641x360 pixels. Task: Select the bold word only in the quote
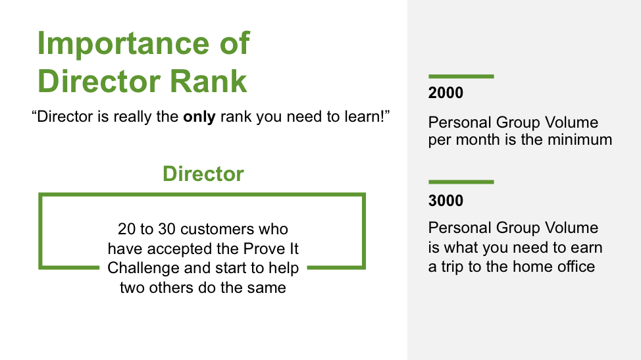(x=199, y=117)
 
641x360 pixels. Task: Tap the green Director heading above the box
(x=203, y=174)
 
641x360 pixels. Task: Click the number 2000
(x=446, y=93)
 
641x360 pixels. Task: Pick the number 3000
(x=446, y=201)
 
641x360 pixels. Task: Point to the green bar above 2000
(x=461, y=76)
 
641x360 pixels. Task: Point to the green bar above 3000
(x=461, y=182)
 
